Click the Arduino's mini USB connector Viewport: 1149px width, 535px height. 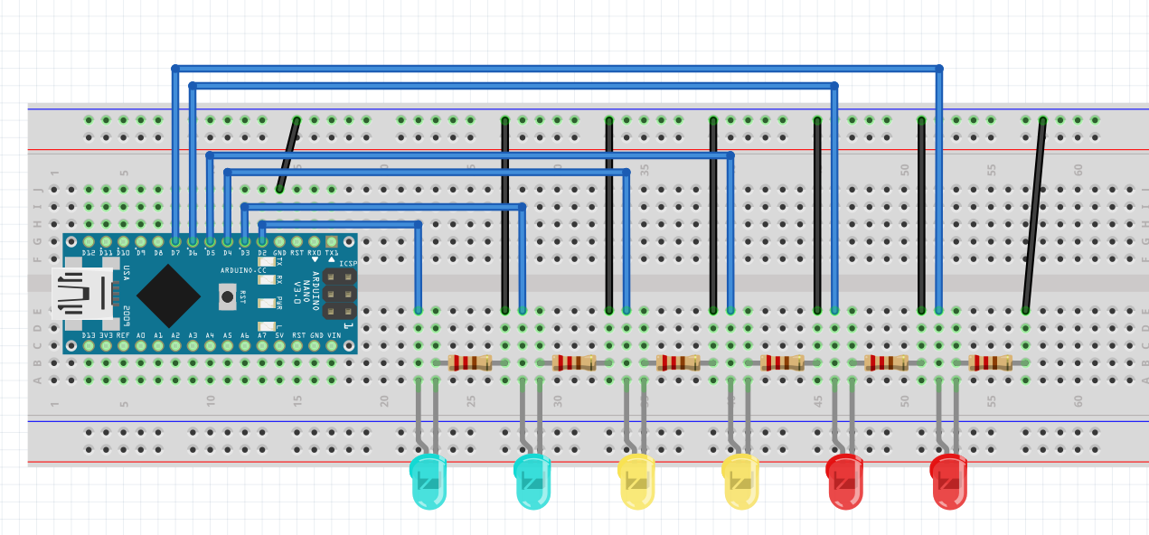click(x=81, y=294)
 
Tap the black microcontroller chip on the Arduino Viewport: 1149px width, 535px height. click(x=168, y=296)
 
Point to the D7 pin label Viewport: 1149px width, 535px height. click(x=175, y=253)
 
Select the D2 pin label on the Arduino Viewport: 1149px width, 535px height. click(x=262, y=253)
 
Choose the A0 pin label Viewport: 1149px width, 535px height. click(x=141, y=335)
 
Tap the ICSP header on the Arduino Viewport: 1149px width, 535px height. click(x=339, y=294)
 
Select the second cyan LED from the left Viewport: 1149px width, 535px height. click(x=532, y=481)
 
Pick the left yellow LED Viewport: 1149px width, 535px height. click(x=636, y=481)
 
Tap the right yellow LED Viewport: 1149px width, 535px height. click(x=740, y=481)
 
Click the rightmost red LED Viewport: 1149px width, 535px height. click(x=948, y=481)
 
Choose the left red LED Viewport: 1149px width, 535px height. click(x=844, y=481)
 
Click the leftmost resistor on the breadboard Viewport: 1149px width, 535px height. click(x=470, y=362)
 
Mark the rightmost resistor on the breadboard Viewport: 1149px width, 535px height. click(x=990, y=362)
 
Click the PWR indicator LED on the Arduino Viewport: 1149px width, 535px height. click(x=267, y=304)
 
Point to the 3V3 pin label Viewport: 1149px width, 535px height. click(x=107, y=335)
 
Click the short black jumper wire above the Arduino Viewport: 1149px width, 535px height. click(x=288, y=155)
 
